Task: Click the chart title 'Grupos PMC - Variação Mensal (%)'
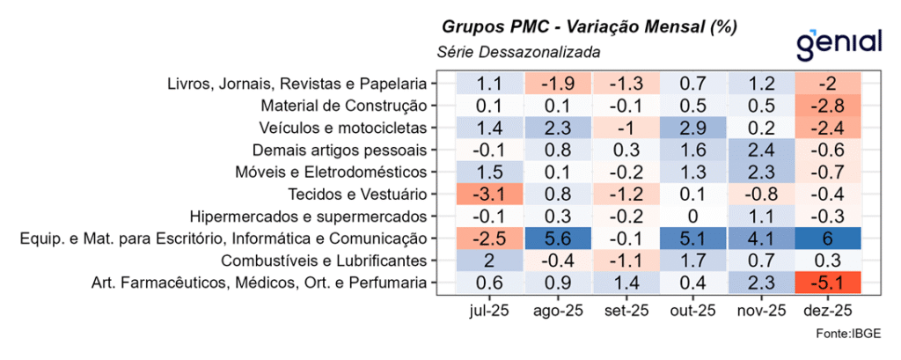coord(588,26)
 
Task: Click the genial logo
coord(838,41)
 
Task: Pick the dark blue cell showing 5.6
coord(557,238)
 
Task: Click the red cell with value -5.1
coord(828,282)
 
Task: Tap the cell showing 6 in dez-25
coord(828,238)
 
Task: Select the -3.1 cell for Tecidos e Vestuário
coord(489,194)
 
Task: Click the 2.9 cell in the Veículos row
coord(692,128)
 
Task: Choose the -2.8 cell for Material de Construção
coord(828,106)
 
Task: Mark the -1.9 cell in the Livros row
coord(557,84)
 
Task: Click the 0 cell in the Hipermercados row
coord(692,216)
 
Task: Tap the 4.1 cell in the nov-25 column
coord(760,238)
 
